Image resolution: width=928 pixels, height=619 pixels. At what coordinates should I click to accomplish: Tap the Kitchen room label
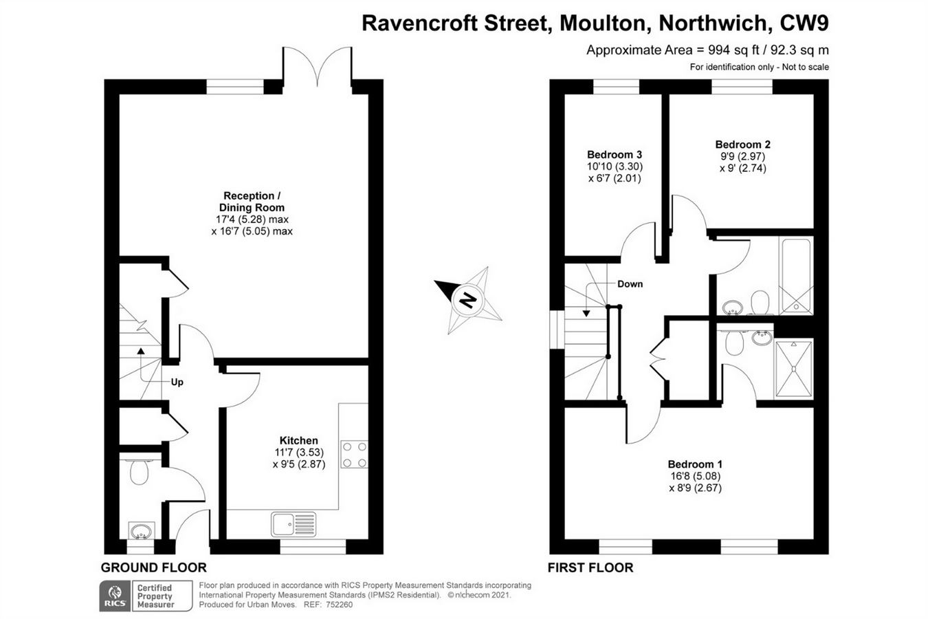(298, 441)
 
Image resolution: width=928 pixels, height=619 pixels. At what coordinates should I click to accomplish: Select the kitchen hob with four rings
(355, 454)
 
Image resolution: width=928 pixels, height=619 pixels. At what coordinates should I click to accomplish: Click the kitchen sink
(294, 524)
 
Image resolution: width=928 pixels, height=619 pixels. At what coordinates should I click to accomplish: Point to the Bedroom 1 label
(695, 464)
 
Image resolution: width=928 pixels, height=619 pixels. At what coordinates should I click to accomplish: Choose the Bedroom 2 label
(742, 144)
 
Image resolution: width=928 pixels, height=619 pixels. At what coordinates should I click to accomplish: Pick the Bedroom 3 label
(615, 155)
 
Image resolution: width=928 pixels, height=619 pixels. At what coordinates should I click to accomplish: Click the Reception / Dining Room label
(252, 202)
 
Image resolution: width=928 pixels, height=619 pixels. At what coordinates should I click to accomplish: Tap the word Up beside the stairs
(177, 382)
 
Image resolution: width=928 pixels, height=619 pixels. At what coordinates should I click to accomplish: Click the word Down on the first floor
(630, 284)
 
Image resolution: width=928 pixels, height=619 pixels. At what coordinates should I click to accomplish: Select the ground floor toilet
(140, 471)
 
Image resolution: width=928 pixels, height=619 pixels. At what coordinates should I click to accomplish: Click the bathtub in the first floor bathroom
(796, 275)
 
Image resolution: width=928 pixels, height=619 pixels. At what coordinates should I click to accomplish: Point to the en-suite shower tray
(793, 369)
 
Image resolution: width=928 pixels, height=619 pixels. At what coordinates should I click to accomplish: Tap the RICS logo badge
(115, 596)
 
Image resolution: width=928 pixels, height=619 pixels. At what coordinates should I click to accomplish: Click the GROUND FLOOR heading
(153, 568)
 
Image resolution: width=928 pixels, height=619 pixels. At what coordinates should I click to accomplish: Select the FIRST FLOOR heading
(590, 568)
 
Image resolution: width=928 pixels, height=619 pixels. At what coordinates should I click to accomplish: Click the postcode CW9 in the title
(804, 23)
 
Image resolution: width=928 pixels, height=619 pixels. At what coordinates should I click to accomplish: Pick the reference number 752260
(339, 605)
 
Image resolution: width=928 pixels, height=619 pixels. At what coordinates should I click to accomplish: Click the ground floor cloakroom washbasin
(141, 532)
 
